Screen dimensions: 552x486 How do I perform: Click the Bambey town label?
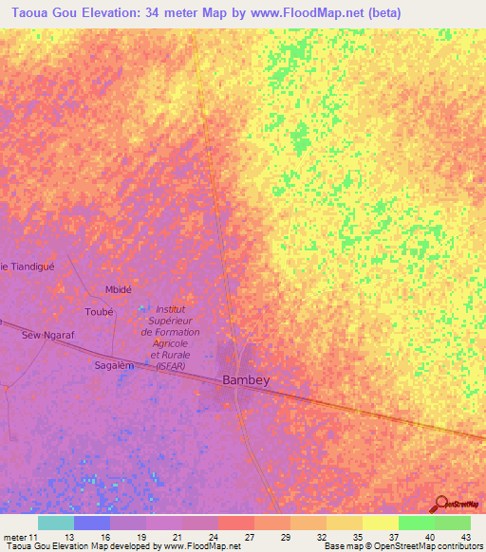point(246,379)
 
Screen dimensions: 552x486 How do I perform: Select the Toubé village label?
point(99,311)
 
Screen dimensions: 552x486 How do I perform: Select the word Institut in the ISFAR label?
point(170,309)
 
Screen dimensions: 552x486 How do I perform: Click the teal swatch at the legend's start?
point(56,523)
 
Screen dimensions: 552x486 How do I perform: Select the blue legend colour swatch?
point(92,523)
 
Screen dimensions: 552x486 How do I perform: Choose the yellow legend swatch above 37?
point(381,523)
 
